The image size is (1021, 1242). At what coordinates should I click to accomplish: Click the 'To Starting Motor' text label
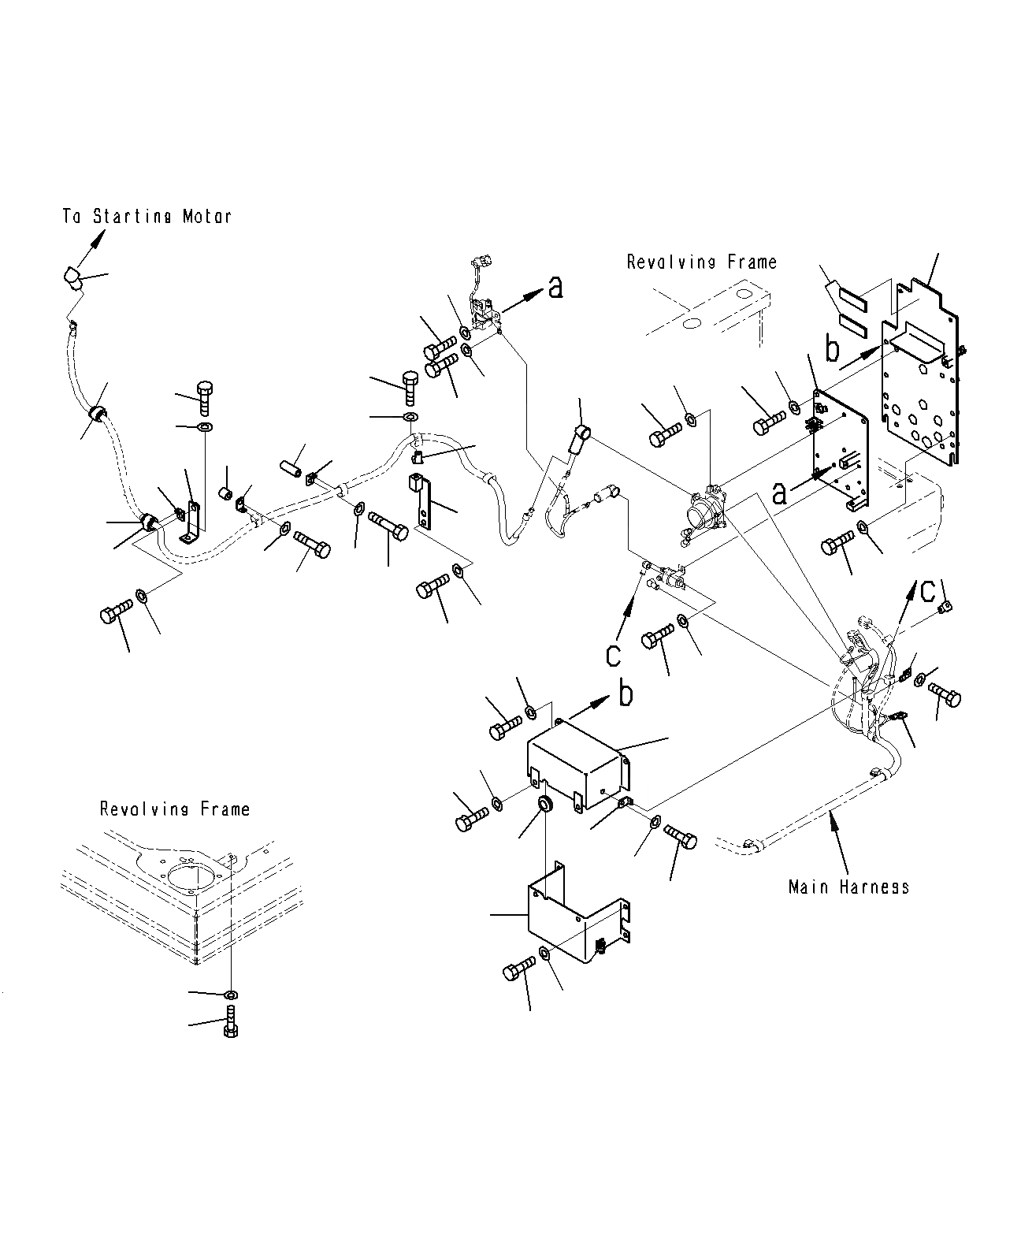(147, 215)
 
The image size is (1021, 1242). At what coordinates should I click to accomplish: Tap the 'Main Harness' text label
(848, 887)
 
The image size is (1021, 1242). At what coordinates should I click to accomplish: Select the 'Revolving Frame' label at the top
(701, 262)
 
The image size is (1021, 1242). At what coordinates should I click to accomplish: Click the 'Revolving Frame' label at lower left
(174, 809)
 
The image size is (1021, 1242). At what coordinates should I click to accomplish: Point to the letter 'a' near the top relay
(556, 288)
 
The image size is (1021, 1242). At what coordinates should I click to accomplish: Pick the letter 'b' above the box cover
(625, 694)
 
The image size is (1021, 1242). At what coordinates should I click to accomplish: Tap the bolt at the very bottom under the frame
(231, 1022)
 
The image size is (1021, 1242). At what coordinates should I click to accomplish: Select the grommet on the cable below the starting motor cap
(98, 414)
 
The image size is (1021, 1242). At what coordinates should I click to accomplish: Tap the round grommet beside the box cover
(544, 804)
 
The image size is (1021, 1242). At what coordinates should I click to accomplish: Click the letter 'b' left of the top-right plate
(833, 348)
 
